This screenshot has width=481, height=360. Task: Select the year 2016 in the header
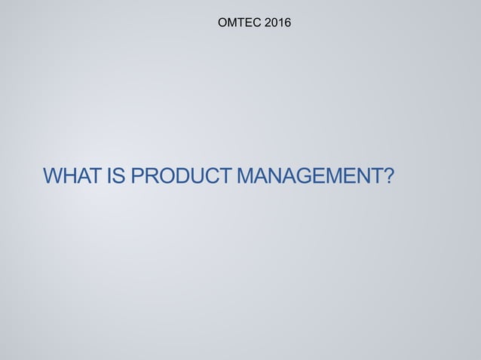tap(276, 24)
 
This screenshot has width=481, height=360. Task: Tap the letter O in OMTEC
tap(222, 24)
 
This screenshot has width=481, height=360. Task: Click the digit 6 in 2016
tap(286, 24)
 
